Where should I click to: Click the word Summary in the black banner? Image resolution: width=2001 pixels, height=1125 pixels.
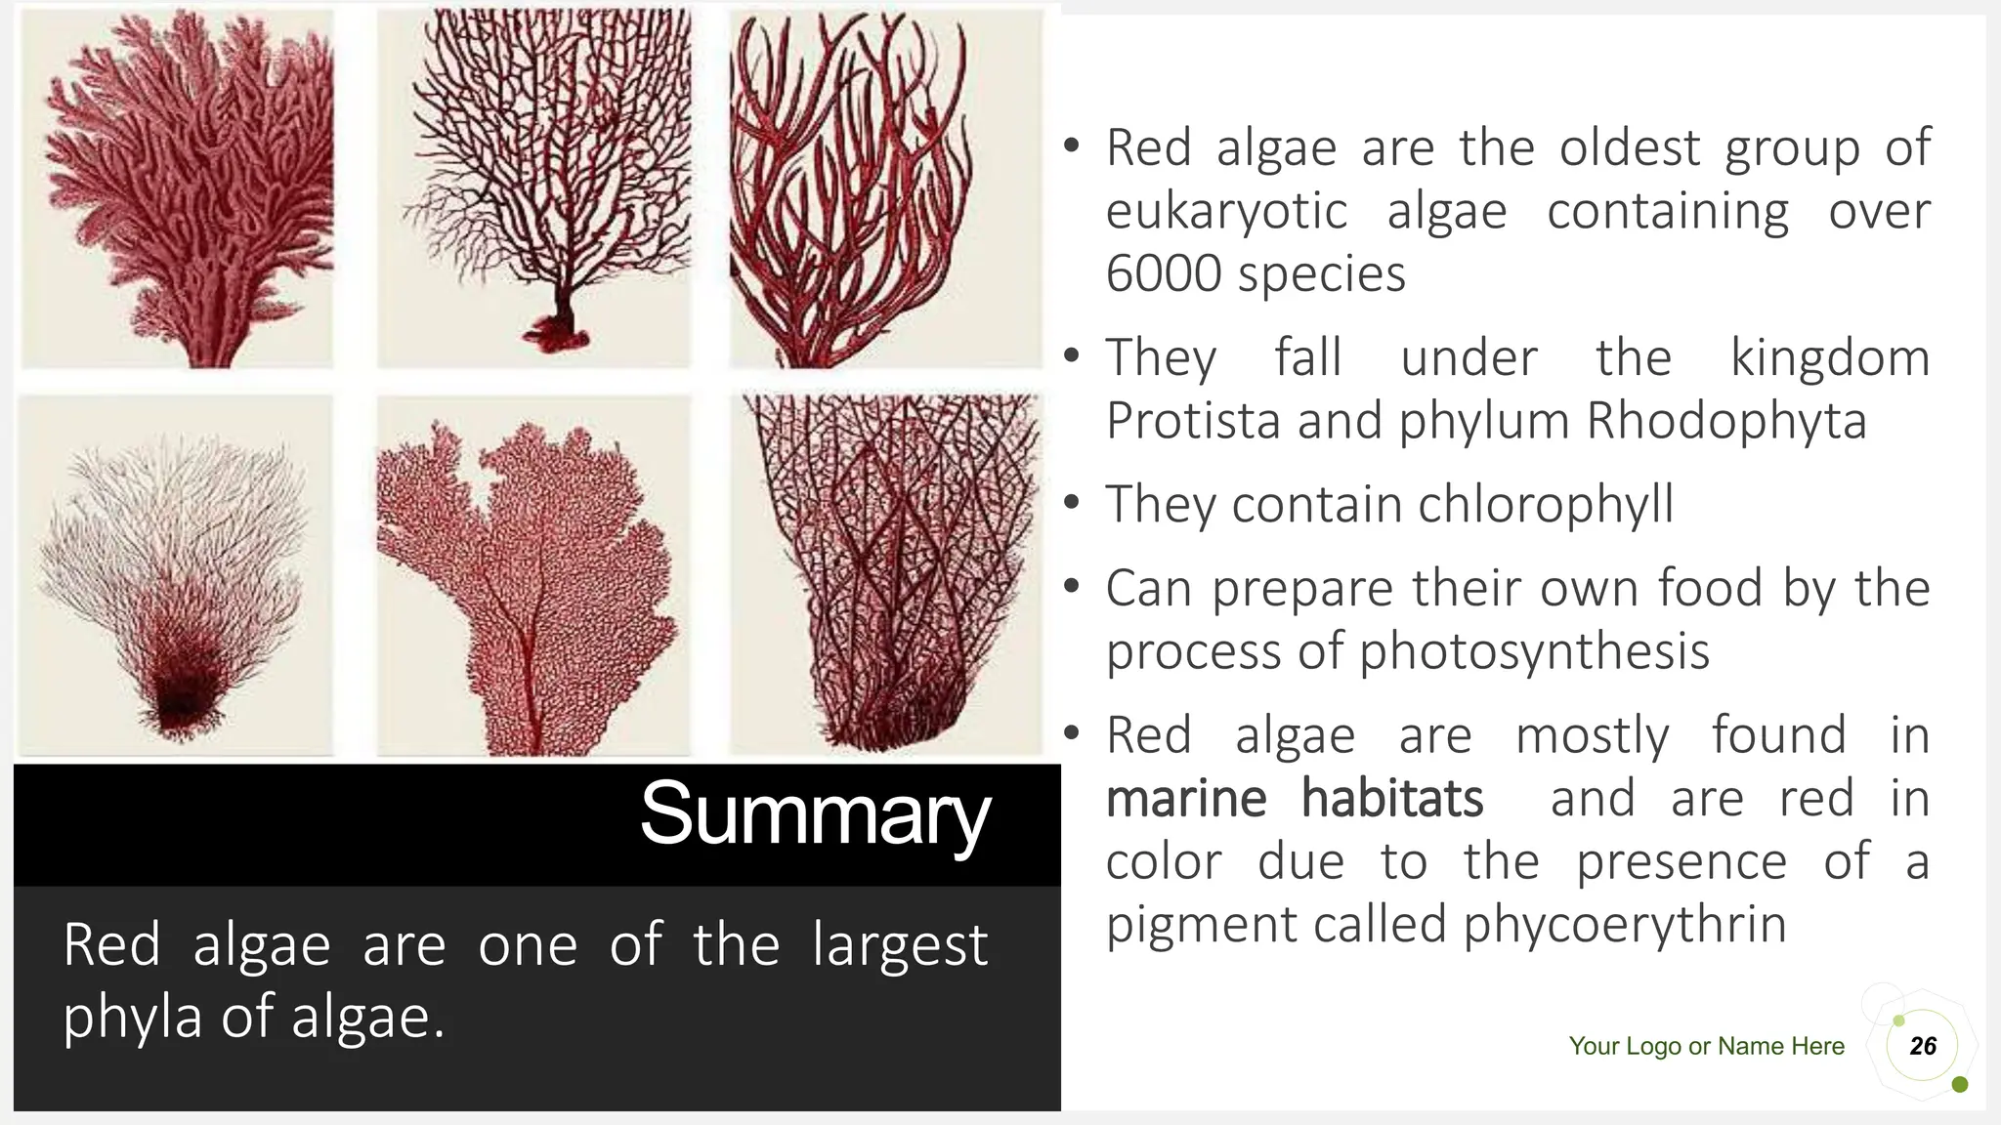coord(815,815)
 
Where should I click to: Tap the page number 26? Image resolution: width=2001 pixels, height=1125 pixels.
coord(1923,1046)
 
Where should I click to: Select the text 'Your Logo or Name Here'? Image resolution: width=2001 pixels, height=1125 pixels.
coord(1706,1046)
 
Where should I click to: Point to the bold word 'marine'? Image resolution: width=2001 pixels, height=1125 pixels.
coord(1186,799)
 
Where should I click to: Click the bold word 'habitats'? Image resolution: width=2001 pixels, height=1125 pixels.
coord(1392,799)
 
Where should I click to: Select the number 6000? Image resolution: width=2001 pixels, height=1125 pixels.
coord(1164,273)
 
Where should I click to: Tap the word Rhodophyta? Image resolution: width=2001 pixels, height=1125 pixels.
coord(1726,421)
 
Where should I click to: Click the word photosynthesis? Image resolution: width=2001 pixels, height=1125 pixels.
coord(1534,651)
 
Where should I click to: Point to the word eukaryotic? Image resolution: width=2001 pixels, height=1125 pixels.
coord(1226,212)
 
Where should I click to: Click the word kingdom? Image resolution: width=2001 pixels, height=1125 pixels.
coord(1830,357)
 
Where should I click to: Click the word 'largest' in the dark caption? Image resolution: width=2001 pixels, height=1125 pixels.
coord(900,945)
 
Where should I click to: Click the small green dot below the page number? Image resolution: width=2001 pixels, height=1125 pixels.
coord(1959,1085)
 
